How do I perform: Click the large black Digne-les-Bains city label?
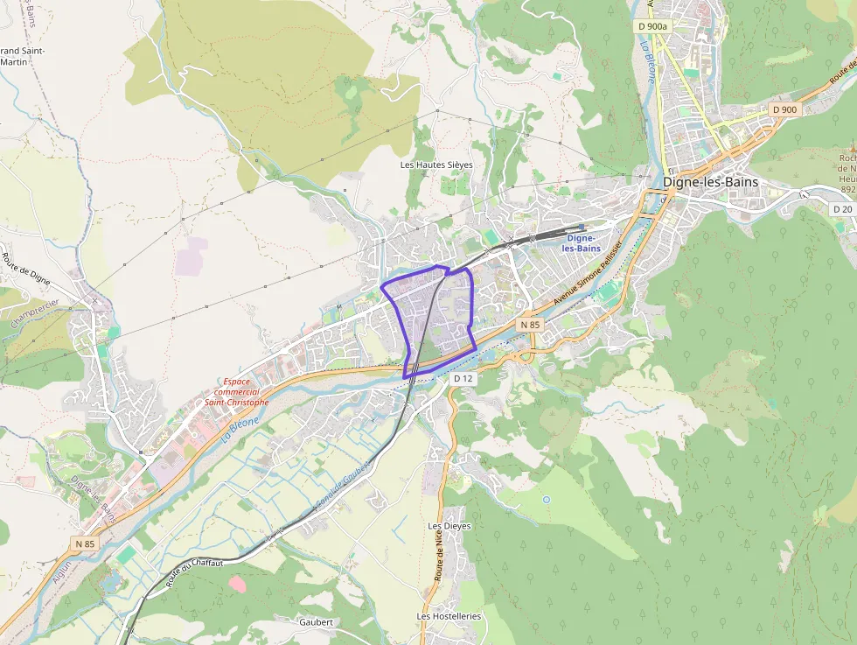pyautogui.click(x=710, y=182)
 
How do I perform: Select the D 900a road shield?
pyautogui.click(x=652, y=26)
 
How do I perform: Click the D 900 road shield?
pyautogui.click(x=784, y=109)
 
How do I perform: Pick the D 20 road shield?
pyautogui.click(x=842, y=209)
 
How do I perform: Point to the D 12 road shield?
pyautogui.click(x=463, y=378)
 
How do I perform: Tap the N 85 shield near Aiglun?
pyautogui.click(x=85, y=543)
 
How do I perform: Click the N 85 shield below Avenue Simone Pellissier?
pyautogui.click(x=530, y=325)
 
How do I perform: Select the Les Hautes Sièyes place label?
pyautogui.click(x=436, y=165)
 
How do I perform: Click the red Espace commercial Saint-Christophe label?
pyautogui.click(x=235, y=392)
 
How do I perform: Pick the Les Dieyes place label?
pyautogui.click(x=449, y=526)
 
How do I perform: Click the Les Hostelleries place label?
pyautogui.click(x=449, y=616)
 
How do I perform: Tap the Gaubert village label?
pyautogui.click(x=316, y=621)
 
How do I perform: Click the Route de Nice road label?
pyautogui.click(x=438, y=557)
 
